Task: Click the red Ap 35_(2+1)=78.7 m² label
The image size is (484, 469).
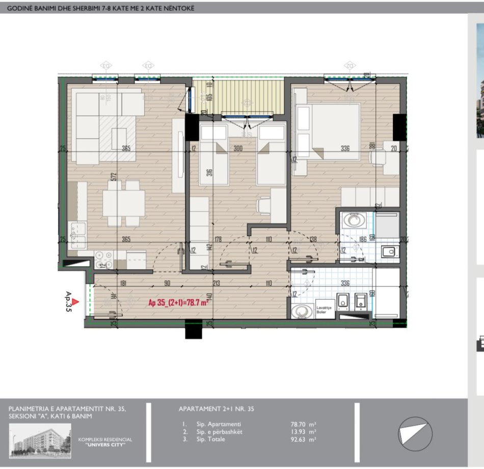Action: coord(180,303)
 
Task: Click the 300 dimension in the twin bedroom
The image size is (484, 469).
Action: coord(238,148)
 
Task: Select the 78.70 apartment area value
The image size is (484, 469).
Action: coord(300,424)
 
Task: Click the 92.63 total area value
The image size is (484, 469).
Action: coord(300,439)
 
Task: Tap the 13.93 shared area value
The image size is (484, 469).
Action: coord(300,432)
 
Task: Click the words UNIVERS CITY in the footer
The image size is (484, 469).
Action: coord(105,445)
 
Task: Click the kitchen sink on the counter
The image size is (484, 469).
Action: coord(79,234)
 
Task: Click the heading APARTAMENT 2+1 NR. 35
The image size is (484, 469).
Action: coord(217,409)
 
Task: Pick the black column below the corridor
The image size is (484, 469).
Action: coord(194,330)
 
